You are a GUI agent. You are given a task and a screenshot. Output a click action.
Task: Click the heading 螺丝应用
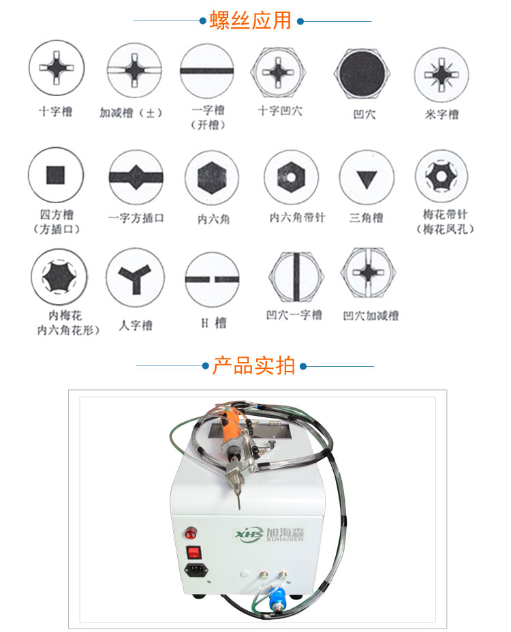tap(250, 20)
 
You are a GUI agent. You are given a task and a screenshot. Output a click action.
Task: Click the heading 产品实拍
tap(253, 365)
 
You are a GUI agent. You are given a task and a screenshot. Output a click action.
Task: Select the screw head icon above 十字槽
tap(57, 67)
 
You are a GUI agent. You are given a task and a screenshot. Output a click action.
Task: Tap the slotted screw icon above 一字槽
tap(207, 71)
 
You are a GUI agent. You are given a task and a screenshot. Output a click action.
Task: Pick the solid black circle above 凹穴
tap(362, 74)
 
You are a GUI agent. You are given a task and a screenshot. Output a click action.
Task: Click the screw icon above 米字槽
tap(442, 74)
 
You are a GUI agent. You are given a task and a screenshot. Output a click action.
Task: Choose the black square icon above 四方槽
tap(56, 175)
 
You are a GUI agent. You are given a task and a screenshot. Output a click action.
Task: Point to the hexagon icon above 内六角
tap(212, 178)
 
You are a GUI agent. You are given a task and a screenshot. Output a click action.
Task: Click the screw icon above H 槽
tap(212, 280)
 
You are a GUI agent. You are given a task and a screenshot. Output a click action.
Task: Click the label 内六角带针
tap(297, 217)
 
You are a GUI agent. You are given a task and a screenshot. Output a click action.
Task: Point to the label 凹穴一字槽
tap(294, 315)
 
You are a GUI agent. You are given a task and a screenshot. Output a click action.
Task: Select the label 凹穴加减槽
tap(371, 316)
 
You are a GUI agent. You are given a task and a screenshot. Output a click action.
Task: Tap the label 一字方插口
tap(136, 218)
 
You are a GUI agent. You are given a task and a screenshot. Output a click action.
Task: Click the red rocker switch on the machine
tap(193, 552)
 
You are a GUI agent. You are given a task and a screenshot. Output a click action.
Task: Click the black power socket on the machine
tap(196, 570)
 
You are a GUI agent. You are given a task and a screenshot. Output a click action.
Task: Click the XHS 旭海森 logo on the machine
tap(270, 534)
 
